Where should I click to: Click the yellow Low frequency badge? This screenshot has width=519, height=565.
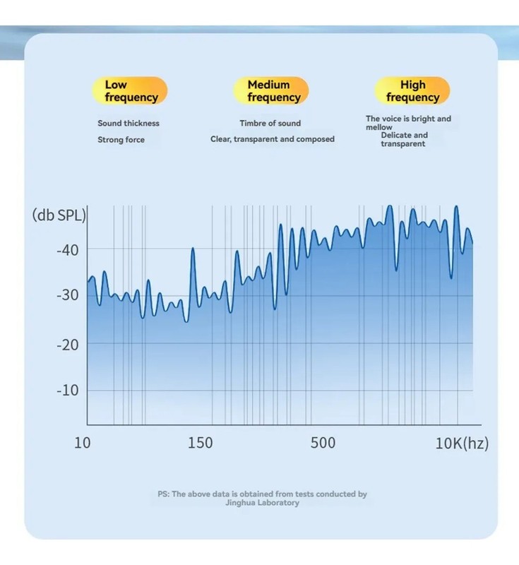click(x=130, y=90)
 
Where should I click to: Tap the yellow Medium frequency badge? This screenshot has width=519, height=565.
click(x=271, y=90)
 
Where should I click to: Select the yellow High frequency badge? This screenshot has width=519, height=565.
click(x=412, y=90)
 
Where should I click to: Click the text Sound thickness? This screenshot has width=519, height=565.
click(x=129, y=123)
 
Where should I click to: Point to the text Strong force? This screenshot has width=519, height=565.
click(x=121, y=140)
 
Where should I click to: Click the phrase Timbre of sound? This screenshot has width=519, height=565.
click(x=270, y=123)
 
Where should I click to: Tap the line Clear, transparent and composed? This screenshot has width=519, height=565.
click(x=273, y=139)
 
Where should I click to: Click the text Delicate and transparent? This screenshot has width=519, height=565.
click(x=404, y=139)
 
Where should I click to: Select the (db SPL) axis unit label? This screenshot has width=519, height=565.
click(x=59, y=215)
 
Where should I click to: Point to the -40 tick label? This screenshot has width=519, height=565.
click(x=67, y=250)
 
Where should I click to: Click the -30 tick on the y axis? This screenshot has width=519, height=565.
click(x=67, y=295)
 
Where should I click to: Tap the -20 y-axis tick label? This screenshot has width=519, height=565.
click(x=67, y=345)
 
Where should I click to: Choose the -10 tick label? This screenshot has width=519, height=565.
click(x=67, y=391)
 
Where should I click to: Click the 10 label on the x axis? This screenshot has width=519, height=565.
click(x=83, y=443)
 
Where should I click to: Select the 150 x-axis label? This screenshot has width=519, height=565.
click(x=201, y=443)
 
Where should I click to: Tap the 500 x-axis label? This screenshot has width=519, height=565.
click(x=323, y=443)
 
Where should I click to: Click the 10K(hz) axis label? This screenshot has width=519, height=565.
click(x=462, y=444)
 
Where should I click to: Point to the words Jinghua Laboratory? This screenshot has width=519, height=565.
click(x=262, y=503)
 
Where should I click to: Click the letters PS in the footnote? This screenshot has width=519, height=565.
click(x=163, y=494)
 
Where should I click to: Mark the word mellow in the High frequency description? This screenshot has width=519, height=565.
click(x=379, y=127)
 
